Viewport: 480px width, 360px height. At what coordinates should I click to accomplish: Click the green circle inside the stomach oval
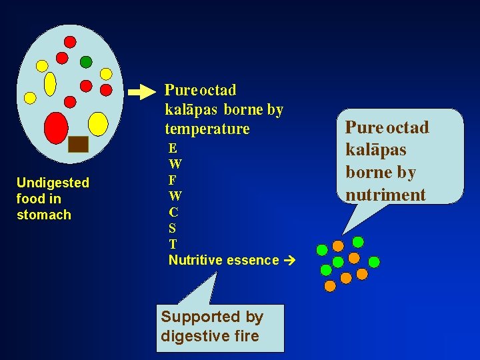point(86,62)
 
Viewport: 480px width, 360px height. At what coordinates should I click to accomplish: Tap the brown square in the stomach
point(79,144)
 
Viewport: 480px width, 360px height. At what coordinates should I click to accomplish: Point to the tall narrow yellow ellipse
point(50,84)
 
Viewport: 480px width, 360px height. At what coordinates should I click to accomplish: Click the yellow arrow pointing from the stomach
point(141,92)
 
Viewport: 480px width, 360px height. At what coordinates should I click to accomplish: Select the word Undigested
point(53,183)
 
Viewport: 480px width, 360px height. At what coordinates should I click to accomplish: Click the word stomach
point(44,215)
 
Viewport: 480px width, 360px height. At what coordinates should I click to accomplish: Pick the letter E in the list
point(173,148)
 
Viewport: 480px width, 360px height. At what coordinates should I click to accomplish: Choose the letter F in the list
point(173,180)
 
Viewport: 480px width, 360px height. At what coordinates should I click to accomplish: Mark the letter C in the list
point(173,212)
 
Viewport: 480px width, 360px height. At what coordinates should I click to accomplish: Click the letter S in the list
point(173,228)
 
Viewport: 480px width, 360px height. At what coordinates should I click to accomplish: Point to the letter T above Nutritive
point(173,244)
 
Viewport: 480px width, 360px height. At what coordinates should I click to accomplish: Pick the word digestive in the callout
point(189,336)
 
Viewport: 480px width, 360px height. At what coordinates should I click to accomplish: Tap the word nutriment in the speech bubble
point(385,195)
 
